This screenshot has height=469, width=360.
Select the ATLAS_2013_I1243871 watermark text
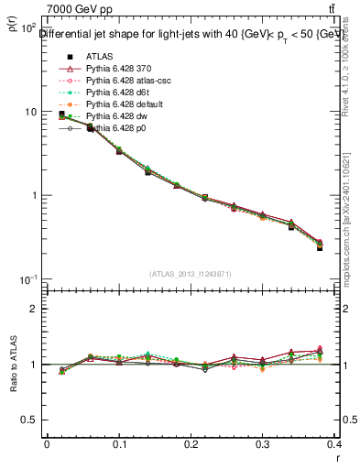(x=182, y=274)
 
